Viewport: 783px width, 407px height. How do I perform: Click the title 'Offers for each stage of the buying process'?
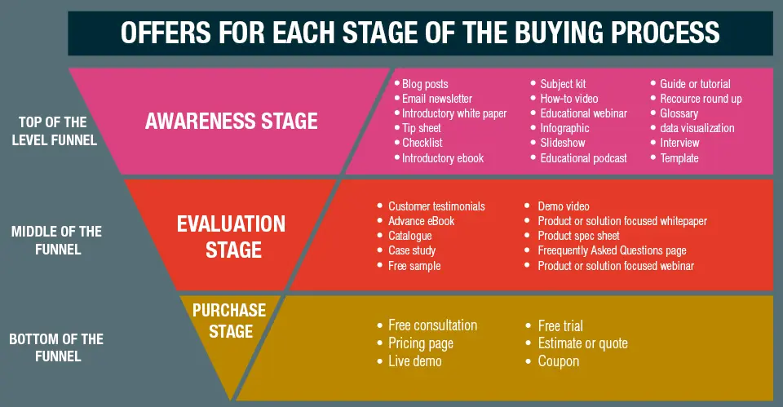pyautogui.click(x=420, y=33)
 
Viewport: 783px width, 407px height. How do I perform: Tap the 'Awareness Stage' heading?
pyautogui.click(x=231, y=122)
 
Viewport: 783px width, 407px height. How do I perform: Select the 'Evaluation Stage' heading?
pyautogui.click(x=231, y=236)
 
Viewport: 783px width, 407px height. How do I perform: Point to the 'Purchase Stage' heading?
pyautogui.click(x=229, y=321)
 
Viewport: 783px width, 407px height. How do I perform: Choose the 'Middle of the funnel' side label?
pyautogui.click(x=57, y=240)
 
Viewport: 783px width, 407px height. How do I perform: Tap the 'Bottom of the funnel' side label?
pyautogui.click(x=57, y=347)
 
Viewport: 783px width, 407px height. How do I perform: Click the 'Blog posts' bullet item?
pyautogui.click(x=425, y=84)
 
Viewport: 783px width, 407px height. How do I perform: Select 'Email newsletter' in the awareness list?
pyautogui.click(x=437, y=99)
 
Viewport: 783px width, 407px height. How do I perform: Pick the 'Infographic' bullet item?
pyautogui.click(x=564, y=128)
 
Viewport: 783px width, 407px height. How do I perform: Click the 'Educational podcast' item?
pyautogui.click(x=583, y=158)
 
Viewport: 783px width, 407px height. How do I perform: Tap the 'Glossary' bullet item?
pyautogui.click(x=679, y=113)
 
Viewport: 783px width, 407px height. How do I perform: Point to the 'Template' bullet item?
pyautogui.click(x=679, y=158)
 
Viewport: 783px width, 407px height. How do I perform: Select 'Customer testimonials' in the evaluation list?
pyautogui.click(x=436, y=206)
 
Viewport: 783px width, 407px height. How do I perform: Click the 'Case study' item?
pyautogui.click(x=412, y=251)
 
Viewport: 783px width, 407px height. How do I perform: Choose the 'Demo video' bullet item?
pyautogui.click(x=563, y=206)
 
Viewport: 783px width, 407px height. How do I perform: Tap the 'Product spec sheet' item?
pyautogui.click(x=578, y=236)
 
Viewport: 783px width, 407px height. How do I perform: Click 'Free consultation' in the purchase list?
pyautogui.click(x=432, y=325)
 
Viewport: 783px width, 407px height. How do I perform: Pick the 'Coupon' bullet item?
pyautogui.click(x=559, y=361)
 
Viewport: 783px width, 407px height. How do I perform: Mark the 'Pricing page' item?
pyautogui.click(x=421, y=343)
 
